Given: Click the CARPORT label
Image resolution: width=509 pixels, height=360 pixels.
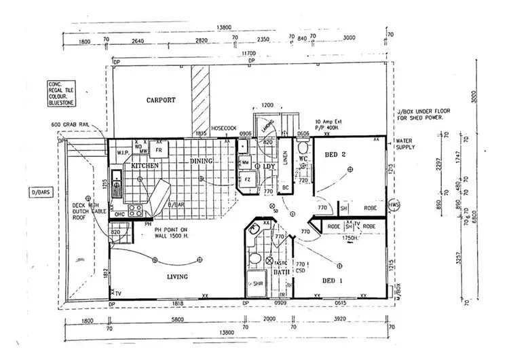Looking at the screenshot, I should (x=161, y=100).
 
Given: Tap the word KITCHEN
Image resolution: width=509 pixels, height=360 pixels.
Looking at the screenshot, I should (x=145, y=165).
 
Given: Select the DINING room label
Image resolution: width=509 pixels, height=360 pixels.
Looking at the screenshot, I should (x=201, y=161).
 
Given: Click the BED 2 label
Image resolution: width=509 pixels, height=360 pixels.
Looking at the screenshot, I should (x=335, y=156).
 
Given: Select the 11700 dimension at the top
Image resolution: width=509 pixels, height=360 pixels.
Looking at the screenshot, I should (x=247, y=53).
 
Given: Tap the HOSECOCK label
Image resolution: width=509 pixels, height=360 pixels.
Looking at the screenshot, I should (x=223, y=128).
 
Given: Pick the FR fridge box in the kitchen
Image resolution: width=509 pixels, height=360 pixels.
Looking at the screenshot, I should (x=158, y=149).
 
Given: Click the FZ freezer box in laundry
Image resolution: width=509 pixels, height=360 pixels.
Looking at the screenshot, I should (x=246, y=179).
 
